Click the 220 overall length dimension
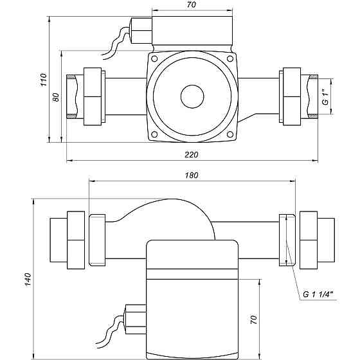click(192, 155)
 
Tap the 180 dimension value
click(192, 175)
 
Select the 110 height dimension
click(44, 80)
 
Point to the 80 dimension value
click(56, 97)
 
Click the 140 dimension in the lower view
click(28, 280)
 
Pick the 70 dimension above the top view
click(192, 5)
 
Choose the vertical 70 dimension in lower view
click(253, 319)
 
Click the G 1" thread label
click(325, 96)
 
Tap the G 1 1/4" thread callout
click(318, 294)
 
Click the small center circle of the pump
click(192, 96)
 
